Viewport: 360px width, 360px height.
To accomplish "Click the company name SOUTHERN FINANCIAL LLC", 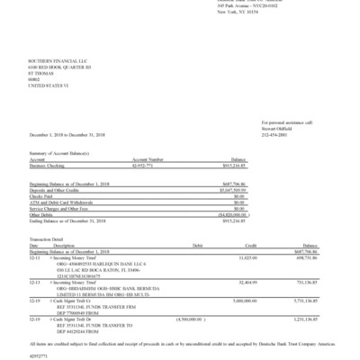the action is (x=50, y=57).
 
